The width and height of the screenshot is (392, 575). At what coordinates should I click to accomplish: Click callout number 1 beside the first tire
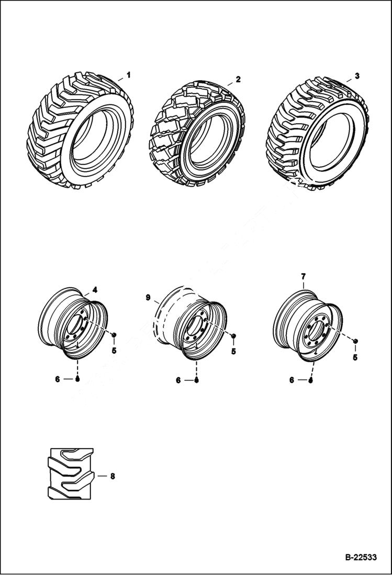(128, 75)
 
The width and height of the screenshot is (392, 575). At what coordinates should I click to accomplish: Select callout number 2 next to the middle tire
(238, 79)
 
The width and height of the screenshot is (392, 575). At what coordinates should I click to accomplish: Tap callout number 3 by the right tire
(357, 75)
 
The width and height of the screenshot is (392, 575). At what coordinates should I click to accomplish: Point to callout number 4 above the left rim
(95, 289)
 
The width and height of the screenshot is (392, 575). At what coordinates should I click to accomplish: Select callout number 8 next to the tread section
(112, 476)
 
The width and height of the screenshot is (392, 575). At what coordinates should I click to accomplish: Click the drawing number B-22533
(361, 557)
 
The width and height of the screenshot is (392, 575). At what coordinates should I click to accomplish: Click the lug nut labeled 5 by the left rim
(114, 334)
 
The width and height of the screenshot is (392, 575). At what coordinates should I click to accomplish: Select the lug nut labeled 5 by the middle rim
(233, 335)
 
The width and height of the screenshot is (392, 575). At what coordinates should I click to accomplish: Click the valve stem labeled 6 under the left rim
(77, 378)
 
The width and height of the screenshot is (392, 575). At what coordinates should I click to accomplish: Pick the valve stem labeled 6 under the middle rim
(196, 380)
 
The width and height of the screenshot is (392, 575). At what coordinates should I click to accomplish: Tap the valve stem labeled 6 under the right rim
(311, 380)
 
